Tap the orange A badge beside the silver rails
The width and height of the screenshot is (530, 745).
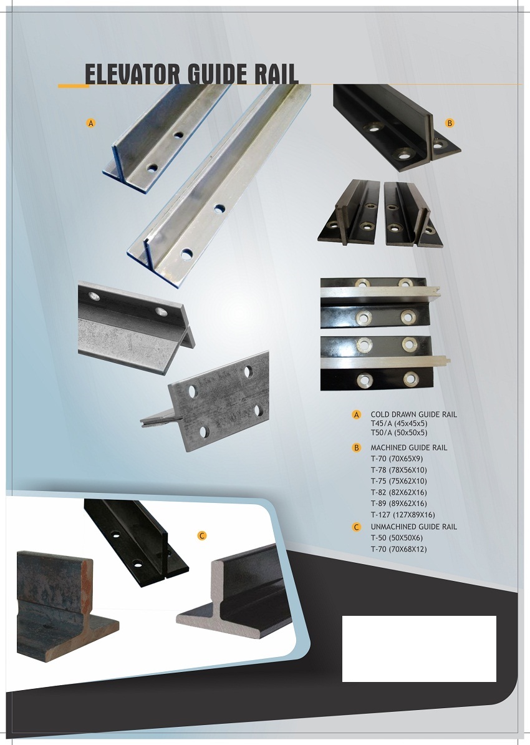(x=90, y=123)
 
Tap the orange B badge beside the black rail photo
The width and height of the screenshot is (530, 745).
(x=450, y=123)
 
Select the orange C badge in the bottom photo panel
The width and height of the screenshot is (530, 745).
(x=202, y=536)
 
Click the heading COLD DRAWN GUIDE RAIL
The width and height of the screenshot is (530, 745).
(x=413, y=414)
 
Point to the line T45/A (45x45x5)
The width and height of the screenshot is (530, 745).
(x=399, y=423)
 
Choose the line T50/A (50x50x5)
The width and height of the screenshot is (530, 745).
(x=399, y=432)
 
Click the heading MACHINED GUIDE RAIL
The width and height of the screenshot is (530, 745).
(x=409, y=447)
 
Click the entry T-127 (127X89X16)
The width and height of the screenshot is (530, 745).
(x=403, y=515)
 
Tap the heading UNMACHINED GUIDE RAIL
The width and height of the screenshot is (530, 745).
(x=413, y=527)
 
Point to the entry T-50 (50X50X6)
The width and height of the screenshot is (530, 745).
(x=397, y=538)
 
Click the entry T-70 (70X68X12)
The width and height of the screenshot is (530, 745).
(x=399, y=549)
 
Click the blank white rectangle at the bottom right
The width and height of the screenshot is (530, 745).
(x=420, y=648)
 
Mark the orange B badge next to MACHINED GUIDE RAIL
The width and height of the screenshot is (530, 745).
(x=357, y=447)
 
